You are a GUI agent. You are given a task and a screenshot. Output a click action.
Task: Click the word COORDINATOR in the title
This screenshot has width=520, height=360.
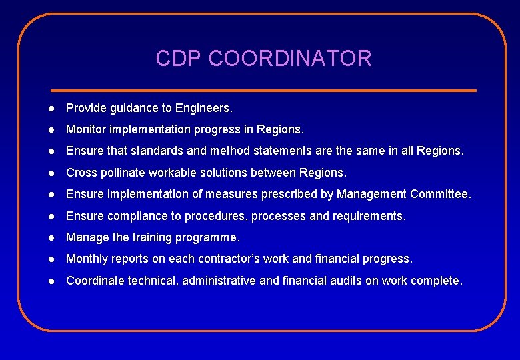[x=290, y=59]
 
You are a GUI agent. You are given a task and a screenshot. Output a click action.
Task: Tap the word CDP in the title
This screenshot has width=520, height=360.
[x=179, y=59]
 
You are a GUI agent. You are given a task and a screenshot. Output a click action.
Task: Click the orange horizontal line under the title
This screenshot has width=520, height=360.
[x=263, y=90]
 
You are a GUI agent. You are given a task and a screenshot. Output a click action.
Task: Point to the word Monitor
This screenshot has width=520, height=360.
[x=87, y=129]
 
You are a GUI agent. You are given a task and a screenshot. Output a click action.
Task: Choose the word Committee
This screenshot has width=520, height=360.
[x=441, y=194]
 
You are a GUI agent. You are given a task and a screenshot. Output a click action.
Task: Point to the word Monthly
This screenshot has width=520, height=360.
[x=87, y=259]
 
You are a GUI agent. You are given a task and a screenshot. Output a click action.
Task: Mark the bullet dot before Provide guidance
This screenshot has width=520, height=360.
[x=51, y=108]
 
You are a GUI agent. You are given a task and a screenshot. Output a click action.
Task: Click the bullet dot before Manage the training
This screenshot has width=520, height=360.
[x=51, y=238]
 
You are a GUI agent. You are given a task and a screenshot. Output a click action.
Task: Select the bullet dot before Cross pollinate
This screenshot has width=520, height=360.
[x=51, y=173]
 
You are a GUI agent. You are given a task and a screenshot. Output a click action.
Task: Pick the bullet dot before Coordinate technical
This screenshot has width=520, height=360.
[x=51, y=281]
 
